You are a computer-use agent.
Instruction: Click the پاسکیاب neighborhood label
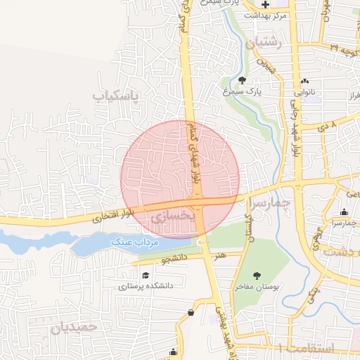pos(116,94)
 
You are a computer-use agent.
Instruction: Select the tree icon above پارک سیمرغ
pos(243,80)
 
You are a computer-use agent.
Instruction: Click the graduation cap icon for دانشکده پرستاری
pos(146,276)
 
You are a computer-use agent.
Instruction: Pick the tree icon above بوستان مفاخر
pos(257,276)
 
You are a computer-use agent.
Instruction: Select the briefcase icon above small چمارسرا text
pos(344,212)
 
